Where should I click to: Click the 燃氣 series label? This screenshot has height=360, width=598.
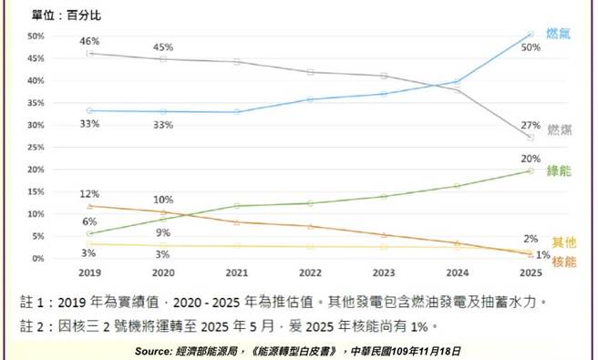pos(558,33)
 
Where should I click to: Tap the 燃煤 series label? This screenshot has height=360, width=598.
pos(560,130)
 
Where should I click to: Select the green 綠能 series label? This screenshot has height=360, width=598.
pos(559,171)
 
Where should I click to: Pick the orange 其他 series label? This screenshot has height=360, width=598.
pos(563,243)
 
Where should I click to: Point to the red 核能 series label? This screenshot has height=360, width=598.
pos(564,262)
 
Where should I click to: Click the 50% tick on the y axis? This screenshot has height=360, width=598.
pos(36,36)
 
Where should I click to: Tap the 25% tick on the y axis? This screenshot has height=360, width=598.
pos(36,148)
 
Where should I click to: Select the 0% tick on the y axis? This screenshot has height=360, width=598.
pos(39,259)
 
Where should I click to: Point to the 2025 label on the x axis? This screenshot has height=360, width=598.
pos(531,273)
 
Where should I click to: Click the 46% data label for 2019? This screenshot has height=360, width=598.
pos(88,41)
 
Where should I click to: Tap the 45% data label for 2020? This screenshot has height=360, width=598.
pos(163,47)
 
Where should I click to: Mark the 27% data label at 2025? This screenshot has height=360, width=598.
pos(531,126)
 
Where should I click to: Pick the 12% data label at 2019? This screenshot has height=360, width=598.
pos(88,194)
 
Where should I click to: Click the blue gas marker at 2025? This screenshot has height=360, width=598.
pos(531,35)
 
